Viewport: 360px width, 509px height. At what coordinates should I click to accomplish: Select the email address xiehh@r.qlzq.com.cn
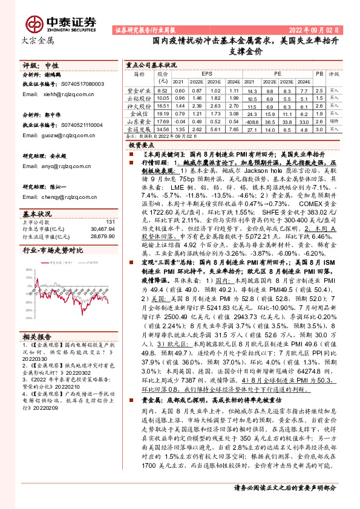pyautogui.click(x=62, y=94)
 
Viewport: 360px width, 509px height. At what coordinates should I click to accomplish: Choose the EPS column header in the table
pyautogui.click(x=207, y=71)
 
